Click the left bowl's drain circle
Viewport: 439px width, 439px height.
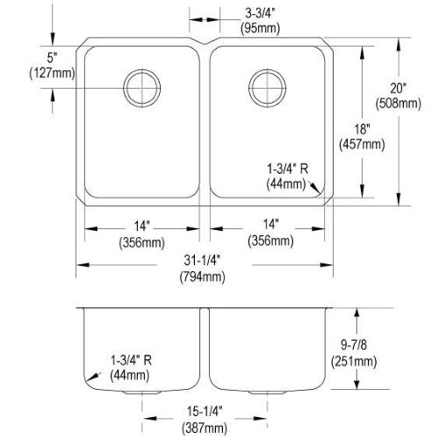[x=142, y=69]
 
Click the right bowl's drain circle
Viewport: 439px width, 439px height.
[x=267, y=69]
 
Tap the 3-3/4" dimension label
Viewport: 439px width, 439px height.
[x=260, y=13]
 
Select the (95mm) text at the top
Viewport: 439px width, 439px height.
[x=260, y=28]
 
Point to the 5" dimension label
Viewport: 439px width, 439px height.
[x=52, y=58]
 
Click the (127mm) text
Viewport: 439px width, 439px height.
[x=52, y=73]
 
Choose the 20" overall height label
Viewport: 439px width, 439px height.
[x=399, y=89]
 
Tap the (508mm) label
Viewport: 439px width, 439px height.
[x=399, y=104]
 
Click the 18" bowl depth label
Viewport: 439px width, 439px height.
[x=362, y=129]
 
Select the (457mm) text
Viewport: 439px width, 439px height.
[x=362, y=144]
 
